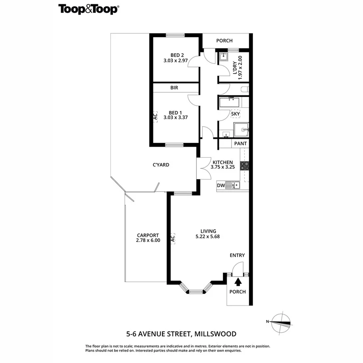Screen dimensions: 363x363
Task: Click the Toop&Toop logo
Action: (89, 9)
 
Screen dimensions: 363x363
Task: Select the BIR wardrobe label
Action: (174, 88)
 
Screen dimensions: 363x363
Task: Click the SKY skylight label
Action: (236, 114)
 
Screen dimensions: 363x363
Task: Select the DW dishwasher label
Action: (221, 186)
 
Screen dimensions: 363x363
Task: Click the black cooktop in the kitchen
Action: (244, 165)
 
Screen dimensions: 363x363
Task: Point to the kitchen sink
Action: (233, 185)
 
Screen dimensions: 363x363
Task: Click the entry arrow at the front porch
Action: (238, 281)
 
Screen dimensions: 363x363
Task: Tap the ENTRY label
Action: (237, 255)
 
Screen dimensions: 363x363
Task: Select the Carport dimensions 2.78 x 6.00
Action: (148, 240)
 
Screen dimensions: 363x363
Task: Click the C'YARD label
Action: (161, 165)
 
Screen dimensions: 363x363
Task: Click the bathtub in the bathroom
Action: (229, 103)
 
